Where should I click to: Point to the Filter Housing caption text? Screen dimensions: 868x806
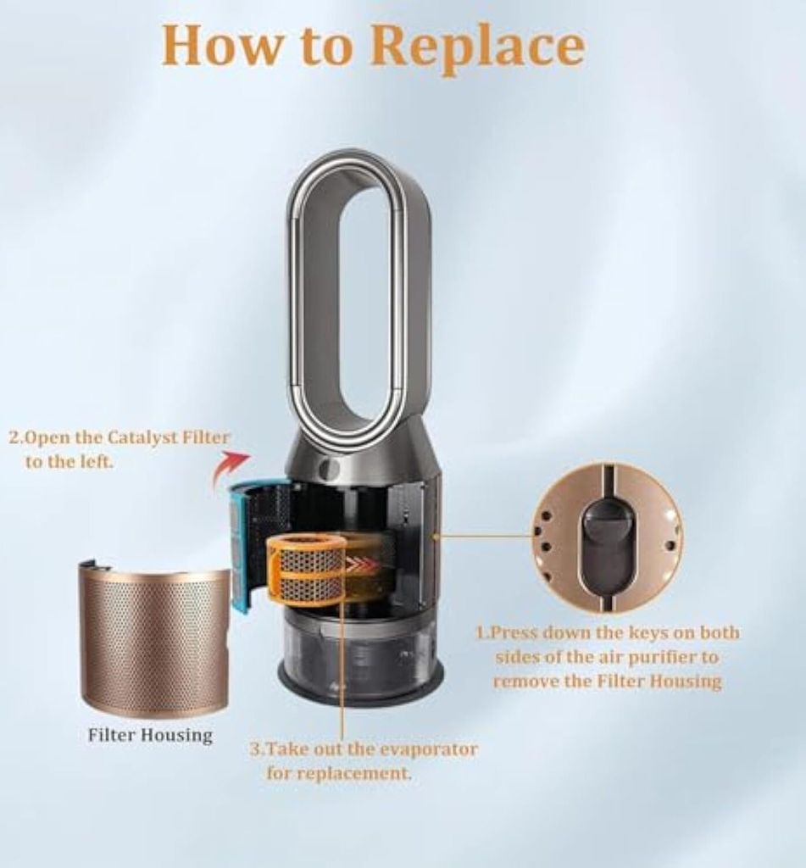pyautogui.click(x=150, y=735)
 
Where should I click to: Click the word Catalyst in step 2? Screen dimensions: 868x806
pyautogui.click(x=142, y=438)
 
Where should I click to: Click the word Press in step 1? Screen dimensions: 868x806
pyautogui.click(x=516, y=632)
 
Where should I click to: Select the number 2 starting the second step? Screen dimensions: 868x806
pyautogui.click(x=14, y=438)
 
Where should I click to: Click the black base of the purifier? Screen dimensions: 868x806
pyautogui.click(x=360, y=691)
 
